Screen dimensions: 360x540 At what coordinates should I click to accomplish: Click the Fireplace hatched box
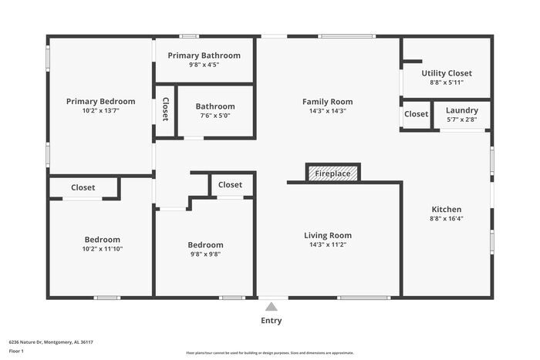(332, 173)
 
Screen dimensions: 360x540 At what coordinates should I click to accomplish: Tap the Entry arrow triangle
(271, 307)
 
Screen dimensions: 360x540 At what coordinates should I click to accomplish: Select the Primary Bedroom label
(100, 101)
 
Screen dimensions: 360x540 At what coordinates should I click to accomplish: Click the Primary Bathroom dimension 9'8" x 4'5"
(204, 65)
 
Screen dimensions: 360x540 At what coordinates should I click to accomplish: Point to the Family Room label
(327, 101)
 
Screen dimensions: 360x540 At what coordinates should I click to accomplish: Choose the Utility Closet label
(447, 73)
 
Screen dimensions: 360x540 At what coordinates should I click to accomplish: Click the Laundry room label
(461, 110)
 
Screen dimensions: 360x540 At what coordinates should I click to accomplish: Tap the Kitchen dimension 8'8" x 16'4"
(446, 218)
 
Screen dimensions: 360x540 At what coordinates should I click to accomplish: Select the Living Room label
(327, 235)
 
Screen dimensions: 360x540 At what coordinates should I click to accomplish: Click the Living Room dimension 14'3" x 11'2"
(327, 245)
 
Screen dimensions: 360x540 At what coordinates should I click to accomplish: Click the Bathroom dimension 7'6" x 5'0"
(214, 116)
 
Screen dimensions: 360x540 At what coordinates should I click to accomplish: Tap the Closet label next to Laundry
(416, 114)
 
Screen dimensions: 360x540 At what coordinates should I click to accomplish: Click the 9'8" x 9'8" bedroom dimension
(205, 254)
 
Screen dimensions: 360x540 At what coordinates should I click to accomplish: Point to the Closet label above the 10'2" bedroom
(83, 187)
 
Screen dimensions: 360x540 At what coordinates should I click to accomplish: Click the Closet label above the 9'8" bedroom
(230, 184)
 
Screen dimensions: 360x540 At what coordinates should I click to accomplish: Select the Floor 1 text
(16, 351)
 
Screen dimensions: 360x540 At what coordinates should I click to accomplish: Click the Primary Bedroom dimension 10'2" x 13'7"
(100, 110)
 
